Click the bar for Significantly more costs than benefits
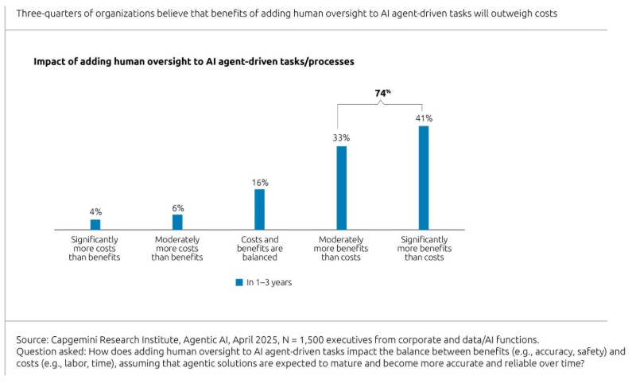pos(95,225)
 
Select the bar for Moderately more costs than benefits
pos(177,222)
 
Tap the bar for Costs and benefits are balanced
pos(259,209)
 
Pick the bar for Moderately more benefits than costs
pos(342,188)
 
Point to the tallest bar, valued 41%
pos(424,177)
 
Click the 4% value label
pos(95,212)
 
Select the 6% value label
pos(177,207)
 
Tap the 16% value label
pos(259,182)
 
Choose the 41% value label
pos(424,118)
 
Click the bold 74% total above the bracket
pos(382,93)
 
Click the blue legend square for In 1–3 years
pos(238,282)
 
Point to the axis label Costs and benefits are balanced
pos(259,248)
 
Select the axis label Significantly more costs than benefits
pos(95,248)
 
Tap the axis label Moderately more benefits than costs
pos(342,248)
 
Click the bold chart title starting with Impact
pos(193,61)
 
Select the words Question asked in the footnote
pos(46,351)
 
